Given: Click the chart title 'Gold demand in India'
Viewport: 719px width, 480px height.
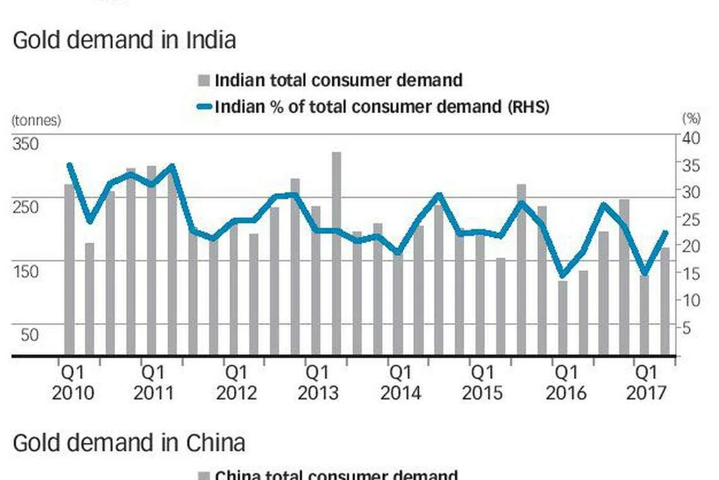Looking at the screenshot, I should click(124, 40).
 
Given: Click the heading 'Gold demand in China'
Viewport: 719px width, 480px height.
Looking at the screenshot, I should click(129, 443).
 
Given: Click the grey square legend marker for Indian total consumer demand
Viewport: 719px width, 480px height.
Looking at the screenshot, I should click(204, 81).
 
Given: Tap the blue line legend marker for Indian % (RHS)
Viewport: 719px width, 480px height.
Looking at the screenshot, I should click(204, 107).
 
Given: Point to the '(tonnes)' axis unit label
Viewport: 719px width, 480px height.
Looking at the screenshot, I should click(36, 121).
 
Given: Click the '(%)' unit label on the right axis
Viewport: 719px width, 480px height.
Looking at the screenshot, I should click(691, 118).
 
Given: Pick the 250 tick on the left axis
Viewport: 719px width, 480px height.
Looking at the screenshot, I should click(26, 207).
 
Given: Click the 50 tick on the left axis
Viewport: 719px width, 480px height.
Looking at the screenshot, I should click(30, 335).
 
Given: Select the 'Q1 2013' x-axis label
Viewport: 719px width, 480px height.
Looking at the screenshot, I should click(318, 381).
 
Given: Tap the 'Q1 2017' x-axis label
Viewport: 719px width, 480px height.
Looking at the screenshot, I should click(646, 381).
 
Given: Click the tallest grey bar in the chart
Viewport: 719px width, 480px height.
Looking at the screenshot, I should click(336, 253).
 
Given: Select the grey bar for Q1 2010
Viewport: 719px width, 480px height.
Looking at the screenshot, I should click(69, 269).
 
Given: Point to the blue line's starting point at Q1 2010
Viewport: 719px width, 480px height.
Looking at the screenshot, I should click(69, 165).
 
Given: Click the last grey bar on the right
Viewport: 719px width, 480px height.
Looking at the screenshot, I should click(665, 301).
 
